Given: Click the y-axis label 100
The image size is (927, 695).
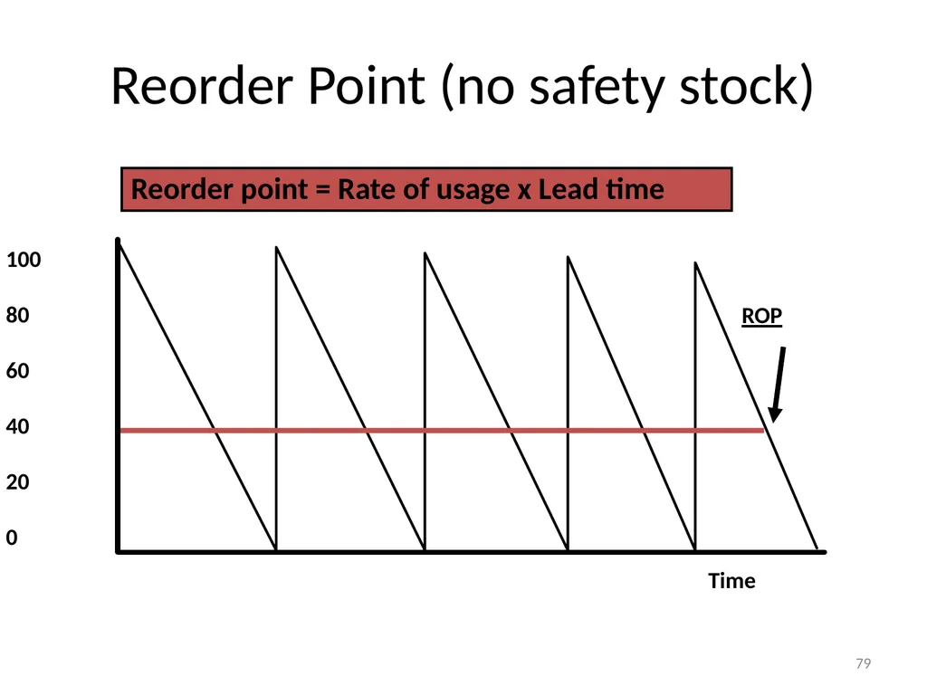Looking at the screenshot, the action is [x=24, y=260].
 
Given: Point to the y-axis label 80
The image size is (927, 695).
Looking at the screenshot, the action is [x=18, y=315].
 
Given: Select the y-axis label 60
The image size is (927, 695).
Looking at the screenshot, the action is [x=18, y=370].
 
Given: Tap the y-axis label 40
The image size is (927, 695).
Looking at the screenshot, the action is [x=18, y=426].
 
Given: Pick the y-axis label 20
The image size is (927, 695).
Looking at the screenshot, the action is [x=18, y=481].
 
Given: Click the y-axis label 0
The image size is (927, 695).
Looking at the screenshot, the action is [x=12, y=538].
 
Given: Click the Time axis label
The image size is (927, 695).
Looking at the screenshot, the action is [x=731, y=581].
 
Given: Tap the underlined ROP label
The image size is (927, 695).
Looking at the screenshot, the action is [x=762, y=316].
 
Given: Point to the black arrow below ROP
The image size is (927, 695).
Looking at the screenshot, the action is [x=778, y=384].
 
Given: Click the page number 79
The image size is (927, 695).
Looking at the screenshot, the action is [x=863, y=663].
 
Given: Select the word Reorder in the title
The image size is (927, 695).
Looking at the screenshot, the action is [x=202, y=86].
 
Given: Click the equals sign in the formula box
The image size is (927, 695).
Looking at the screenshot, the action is [x=323, y=190].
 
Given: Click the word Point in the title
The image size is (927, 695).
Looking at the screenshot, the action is [x=366, y=86].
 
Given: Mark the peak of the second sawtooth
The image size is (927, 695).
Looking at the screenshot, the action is [x=277, y=247].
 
